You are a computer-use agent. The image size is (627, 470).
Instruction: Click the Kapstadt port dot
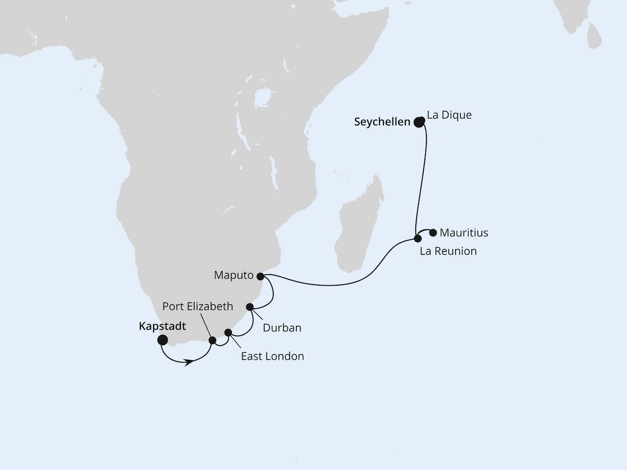tap(162, 340)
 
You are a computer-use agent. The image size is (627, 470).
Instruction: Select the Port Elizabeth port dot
tap(213, 340)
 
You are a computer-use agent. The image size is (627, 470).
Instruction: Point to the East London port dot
tap(228, 332)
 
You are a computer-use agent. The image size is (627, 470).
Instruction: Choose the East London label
tap(272, 356)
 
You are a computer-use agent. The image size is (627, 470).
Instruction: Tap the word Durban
tap(282, 328)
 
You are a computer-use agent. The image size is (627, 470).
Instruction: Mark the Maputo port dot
tap(260, 275)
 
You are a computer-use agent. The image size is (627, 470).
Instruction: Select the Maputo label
tap(234, 275)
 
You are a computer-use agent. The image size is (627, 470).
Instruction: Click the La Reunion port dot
tap(417, 239)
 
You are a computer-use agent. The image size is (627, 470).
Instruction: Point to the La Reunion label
tap(448, 251)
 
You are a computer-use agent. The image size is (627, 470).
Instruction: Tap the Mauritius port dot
tap(433, 232)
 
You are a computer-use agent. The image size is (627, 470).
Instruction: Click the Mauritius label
tap(464, 232)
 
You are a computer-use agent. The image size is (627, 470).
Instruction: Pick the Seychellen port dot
tap(419, 122)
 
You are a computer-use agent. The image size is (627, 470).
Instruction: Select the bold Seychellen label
tap(382, 122)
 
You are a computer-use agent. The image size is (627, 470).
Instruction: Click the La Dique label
tap(449, 115)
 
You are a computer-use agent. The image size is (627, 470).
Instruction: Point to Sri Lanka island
tap(594, 34)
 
